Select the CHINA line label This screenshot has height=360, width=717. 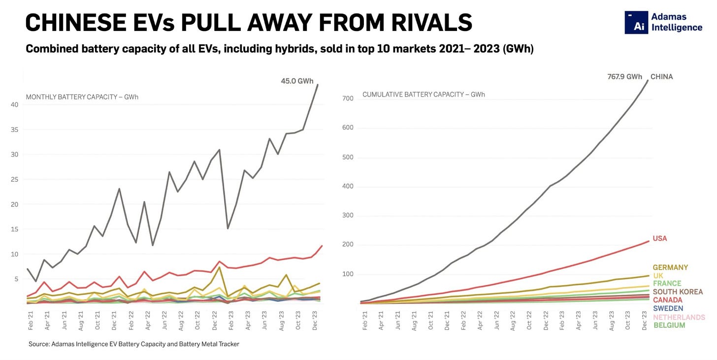(661, 77)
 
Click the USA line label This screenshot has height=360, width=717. (660, 238)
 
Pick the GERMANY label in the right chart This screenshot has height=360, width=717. (670, 267)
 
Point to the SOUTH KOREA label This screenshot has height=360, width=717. (678, 292)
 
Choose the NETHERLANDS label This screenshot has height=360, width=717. (679, 317)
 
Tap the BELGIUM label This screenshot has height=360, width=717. (669, 326)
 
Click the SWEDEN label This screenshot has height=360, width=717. (668, 309)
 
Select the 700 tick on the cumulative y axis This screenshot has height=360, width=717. (348, 99)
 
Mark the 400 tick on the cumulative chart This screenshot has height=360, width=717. (348, 187)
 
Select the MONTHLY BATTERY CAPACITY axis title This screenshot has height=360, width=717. (82, 97)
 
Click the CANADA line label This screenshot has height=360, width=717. (667, 300)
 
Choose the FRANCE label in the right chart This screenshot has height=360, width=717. (667, 284)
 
